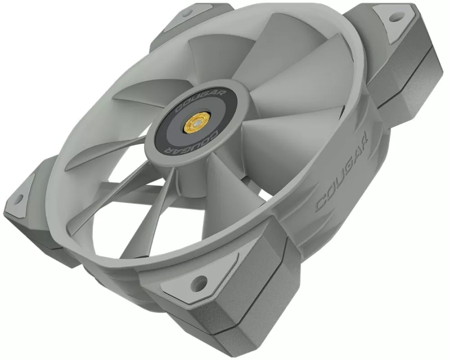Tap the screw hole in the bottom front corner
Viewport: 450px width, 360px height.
click(x=199, y=281)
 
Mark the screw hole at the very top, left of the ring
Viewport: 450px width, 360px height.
click(x=188, y=13)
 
